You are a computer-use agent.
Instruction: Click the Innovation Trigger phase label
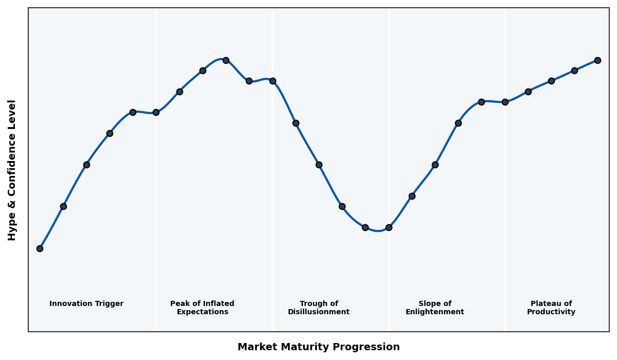(x=86, y=304)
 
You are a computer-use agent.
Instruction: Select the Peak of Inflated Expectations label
(x=202, y=308)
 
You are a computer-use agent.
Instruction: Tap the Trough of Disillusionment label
(x=318, y=308)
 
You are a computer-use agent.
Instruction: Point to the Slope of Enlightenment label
(x=434, y=308)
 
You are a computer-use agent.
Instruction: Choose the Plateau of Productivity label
(x=551, y=308)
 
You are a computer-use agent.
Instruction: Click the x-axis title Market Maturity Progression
(x=318, y=347)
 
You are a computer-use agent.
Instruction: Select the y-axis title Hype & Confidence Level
(x=12, y=170)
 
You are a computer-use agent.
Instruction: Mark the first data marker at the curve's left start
(x=40, y=248)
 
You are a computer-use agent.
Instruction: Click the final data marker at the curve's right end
(x=597, y=60)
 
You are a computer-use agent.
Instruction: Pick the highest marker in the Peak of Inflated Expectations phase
(x=226, y=60)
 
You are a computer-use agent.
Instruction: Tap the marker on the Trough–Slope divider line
(x=389, y=227)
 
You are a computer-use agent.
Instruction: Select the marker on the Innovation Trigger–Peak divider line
(x=156, y=112)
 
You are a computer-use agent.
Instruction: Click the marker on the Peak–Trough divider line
(x=273, y=81)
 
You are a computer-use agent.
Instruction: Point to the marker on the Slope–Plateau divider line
(x=505, y=102)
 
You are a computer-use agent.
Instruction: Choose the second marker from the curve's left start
(x=63, y=206)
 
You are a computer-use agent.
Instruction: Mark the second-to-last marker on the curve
(x=574, y=70)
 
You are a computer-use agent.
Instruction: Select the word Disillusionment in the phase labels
(x=318, y=312)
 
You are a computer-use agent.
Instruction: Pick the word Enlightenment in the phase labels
(x=434, y=312)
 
